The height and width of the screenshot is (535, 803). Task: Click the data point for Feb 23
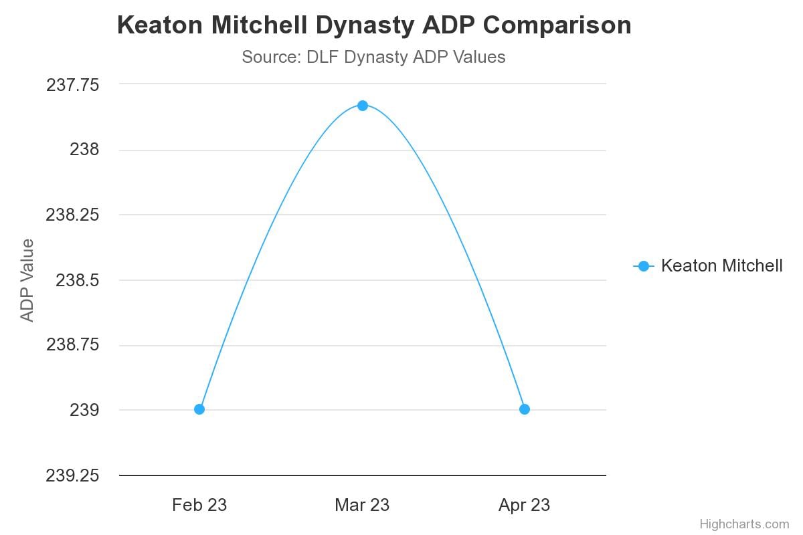199,409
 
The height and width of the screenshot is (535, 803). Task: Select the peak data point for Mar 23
362,105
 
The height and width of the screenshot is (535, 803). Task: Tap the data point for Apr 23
525,409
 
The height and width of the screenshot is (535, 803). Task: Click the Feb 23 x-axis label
199,505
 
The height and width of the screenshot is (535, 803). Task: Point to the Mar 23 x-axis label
362,505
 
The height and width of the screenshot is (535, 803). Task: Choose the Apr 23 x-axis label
525,505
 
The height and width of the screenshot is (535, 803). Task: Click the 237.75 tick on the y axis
72,85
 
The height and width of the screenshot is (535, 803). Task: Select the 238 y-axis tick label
84,150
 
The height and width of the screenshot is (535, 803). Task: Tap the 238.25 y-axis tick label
72,215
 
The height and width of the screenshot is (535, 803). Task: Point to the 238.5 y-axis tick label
77,280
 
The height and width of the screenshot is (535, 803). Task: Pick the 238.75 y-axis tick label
72,345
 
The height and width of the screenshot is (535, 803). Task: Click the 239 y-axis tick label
84,410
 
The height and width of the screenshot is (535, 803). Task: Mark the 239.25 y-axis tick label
72,475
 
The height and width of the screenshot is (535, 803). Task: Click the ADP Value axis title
27,280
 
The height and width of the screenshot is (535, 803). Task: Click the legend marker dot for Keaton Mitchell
644,266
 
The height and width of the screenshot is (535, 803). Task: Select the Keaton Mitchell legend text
721,266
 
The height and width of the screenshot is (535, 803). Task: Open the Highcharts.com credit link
744,524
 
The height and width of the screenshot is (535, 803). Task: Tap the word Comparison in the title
557,25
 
